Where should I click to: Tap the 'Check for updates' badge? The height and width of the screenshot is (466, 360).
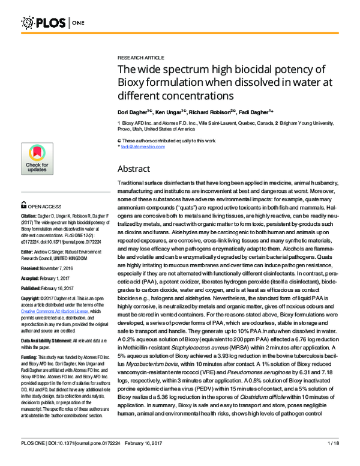click(37, 159)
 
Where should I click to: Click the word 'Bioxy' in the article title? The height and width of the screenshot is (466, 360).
click(135, 82)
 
